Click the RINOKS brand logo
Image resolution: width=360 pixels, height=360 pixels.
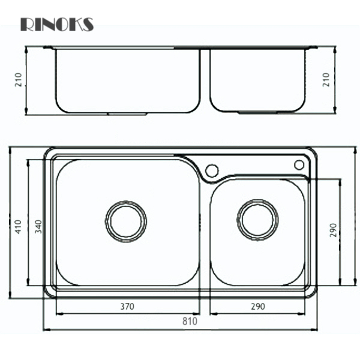tap(57, 24)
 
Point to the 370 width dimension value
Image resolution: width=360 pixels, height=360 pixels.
tap(127, 306)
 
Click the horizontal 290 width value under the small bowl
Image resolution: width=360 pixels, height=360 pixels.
tap(257, 306)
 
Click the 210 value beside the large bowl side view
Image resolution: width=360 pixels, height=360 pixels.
tap(19, 80)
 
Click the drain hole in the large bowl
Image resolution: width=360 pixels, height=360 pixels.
tap(126, 220)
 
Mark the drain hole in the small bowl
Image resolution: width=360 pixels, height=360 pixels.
tap(257, 219)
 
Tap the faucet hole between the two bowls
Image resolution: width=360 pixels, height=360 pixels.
tap(211, 170)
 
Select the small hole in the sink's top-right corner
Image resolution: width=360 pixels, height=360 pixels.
tap(299, 164)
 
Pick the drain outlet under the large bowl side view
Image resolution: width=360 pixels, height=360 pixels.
tap(127, 113)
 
